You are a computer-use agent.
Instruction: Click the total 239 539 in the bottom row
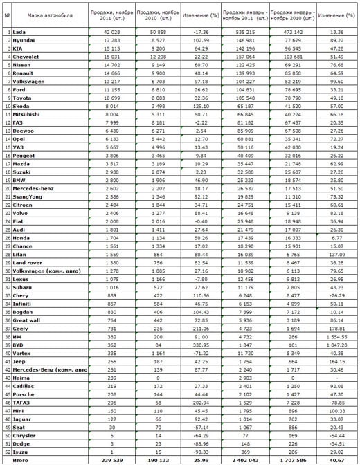click(102, 460)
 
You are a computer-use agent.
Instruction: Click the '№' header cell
click(7, 14)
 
